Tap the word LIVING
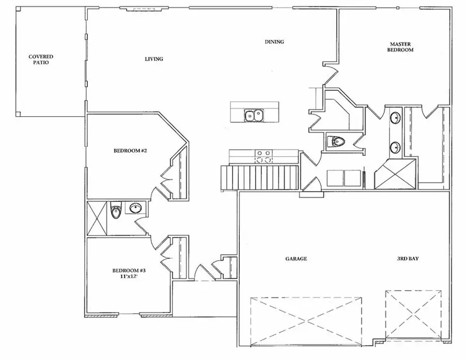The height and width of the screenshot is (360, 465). [153, 59]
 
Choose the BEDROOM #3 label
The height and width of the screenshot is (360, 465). [127, 271]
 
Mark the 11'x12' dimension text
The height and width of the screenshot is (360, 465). [127, 277]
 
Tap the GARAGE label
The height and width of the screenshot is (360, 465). [296, 259]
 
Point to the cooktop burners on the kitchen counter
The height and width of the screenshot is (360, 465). [263, 155]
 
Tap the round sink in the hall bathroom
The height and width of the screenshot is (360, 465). [135, 209]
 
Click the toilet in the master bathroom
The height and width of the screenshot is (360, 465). [336, 141]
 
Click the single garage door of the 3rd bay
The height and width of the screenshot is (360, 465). [414, 314]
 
